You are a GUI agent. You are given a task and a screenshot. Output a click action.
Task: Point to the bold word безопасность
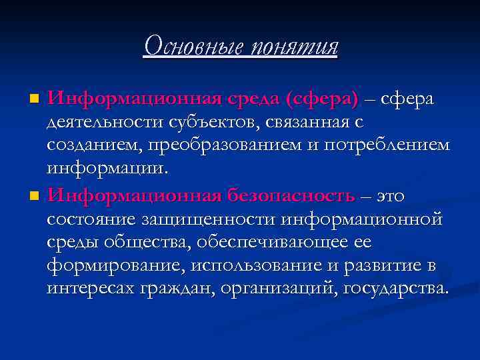tap(290, 195)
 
